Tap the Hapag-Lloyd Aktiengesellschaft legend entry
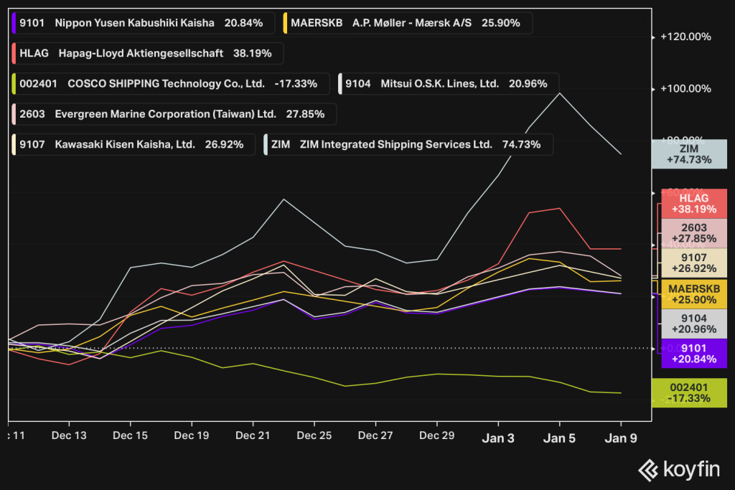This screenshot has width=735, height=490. click(146, 53)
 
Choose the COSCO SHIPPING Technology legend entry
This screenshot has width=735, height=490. click(169, 83)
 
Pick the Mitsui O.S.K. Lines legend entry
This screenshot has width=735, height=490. click(447, 83)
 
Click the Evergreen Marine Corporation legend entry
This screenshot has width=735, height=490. click(173, 113)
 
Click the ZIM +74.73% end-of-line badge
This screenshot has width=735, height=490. click(689, 154)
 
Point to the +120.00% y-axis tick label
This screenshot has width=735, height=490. click(685, 37)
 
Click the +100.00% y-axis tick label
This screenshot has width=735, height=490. click(685, 89)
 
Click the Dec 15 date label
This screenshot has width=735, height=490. click(131, 435)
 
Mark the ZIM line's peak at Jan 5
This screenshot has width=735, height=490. click(559, 93)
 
